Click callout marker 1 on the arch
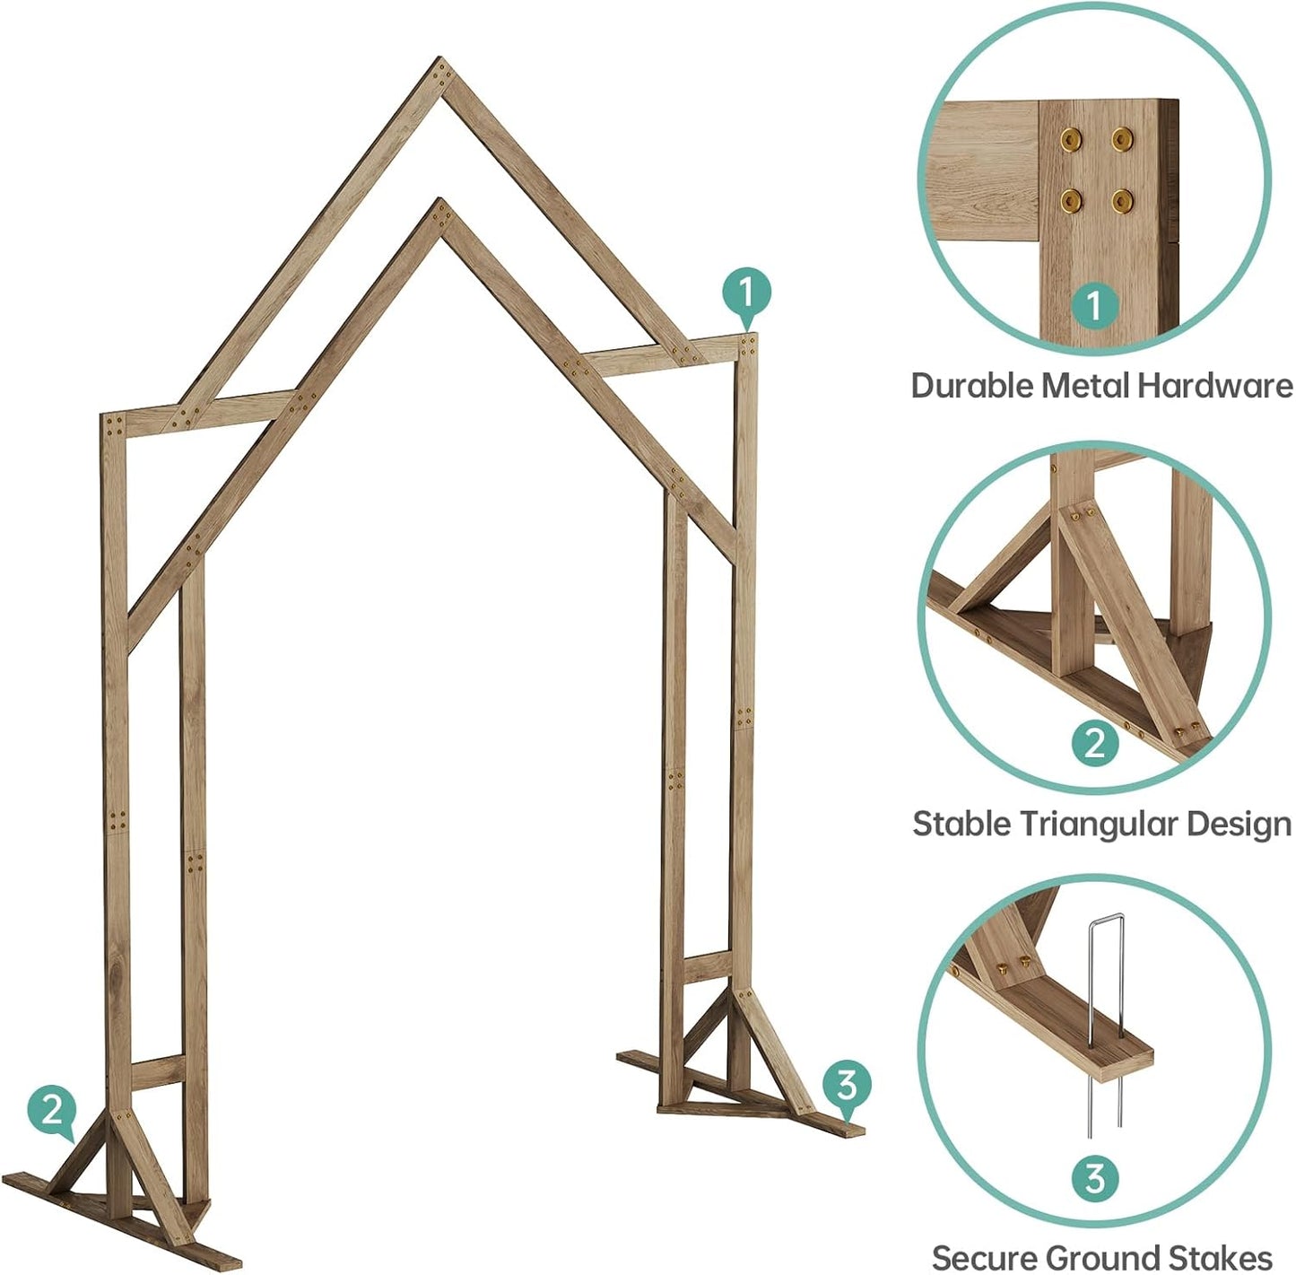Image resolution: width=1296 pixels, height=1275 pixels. pyautogui.click(x=747, y=293)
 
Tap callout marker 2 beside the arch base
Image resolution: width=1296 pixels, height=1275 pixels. pyautogui.click(x=52, y=1110)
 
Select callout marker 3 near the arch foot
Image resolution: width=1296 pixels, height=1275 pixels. pyautogui.click(x=847, y=1085)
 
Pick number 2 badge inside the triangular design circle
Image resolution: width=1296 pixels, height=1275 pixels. pyautogui.click(x=1094, y=745)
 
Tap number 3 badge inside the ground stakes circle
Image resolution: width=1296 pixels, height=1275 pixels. pyautogui.click(x=1094, y=1178)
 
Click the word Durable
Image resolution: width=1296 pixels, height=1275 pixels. pyautogui.click(x=971, y=386)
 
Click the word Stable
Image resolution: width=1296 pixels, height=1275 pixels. pyautogui.click(x=954, y=824)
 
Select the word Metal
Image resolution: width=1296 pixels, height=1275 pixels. pyautogui.click(x=1086, y=386)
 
